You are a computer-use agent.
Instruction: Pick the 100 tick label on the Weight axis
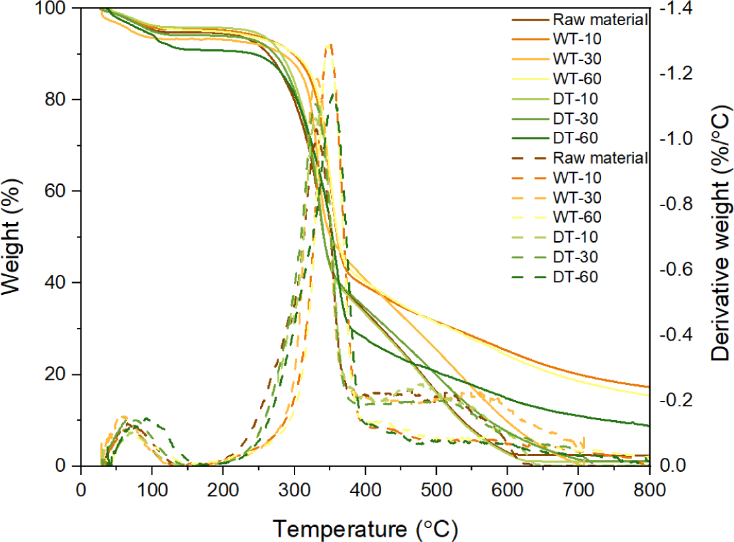58,8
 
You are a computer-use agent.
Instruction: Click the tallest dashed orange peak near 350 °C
330,45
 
